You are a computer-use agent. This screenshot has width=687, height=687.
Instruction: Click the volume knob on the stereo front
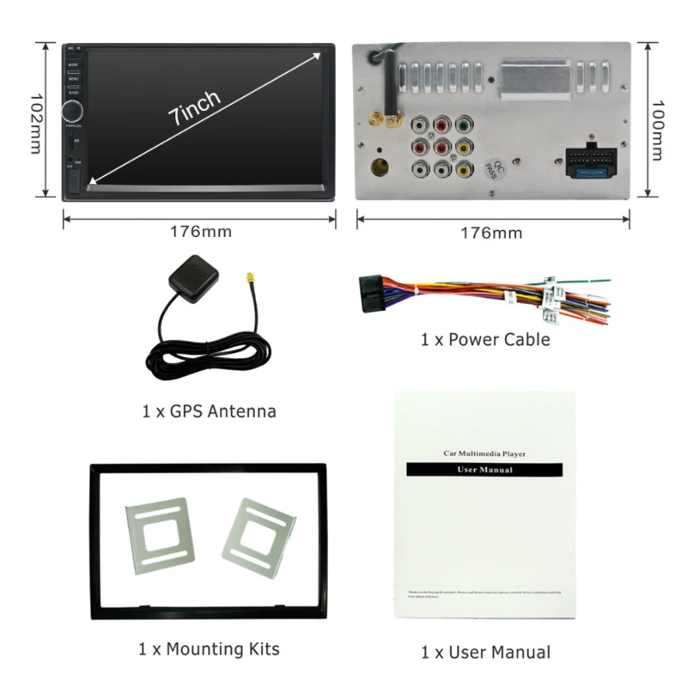click(x=73, y=112)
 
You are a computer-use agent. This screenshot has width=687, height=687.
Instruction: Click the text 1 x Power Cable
click(x=484, y=340)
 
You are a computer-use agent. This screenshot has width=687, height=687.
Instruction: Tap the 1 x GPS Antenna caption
click(x=209, y=411)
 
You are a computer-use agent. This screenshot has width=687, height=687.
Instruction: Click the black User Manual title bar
click(x=484, y=471)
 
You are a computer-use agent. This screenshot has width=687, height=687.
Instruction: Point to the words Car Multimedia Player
click(x=484, y=453)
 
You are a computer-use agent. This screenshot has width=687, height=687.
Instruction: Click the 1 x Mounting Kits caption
click(x=209, y=648)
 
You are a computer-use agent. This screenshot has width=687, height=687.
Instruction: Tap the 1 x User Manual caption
click(x=485, y=653)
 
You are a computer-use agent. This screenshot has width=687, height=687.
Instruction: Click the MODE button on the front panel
click(x=73, y=64)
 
